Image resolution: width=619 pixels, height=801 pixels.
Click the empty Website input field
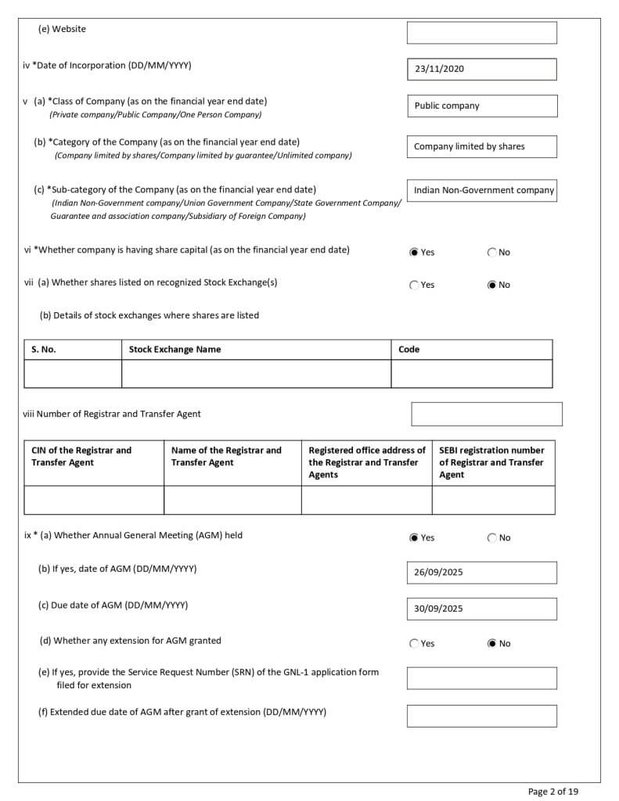tap(481, 33)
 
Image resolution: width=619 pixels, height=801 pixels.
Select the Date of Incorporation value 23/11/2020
tap(481, 69)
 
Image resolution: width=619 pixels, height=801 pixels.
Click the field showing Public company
tap(481, 106)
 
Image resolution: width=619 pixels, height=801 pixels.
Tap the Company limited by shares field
tap(481, 146)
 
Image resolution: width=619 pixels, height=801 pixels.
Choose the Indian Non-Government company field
tap(481, 190)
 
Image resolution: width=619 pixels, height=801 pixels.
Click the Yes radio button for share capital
tap(414, 253)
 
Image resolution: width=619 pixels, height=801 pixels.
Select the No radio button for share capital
tap(492, 253)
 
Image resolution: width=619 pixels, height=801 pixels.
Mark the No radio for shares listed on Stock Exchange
tap(492, 286)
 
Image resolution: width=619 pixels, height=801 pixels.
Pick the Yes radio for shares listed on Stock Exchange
tap(414, 286)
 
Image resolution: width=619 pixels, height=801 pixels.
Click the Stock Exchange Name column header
tap(175, 350)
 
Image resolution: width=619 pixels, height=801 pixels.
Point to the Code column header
tap(408, 350)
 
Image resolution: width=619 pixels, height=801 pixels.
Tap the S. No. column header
tap(44, 350)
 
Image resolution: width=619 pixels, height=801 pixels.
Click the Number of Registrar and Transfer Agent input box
tap(486, 414)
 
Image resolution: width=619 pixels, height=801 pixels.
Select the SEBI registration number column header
tap(491, 462)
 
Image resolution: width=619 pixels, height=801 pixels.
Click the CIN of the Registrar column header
tap(81, 456)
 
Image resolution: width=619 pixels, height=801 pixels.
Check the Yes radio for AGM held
tap(414, 538)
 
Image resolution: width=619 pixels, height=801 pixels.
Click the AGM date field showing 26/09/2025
tap(481, 573)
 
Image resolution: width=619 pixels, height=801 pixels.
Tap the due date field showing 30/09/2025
tap(481, 609)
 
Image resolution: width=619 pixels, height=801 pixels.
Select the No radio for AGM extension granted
tap(492, 644)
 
